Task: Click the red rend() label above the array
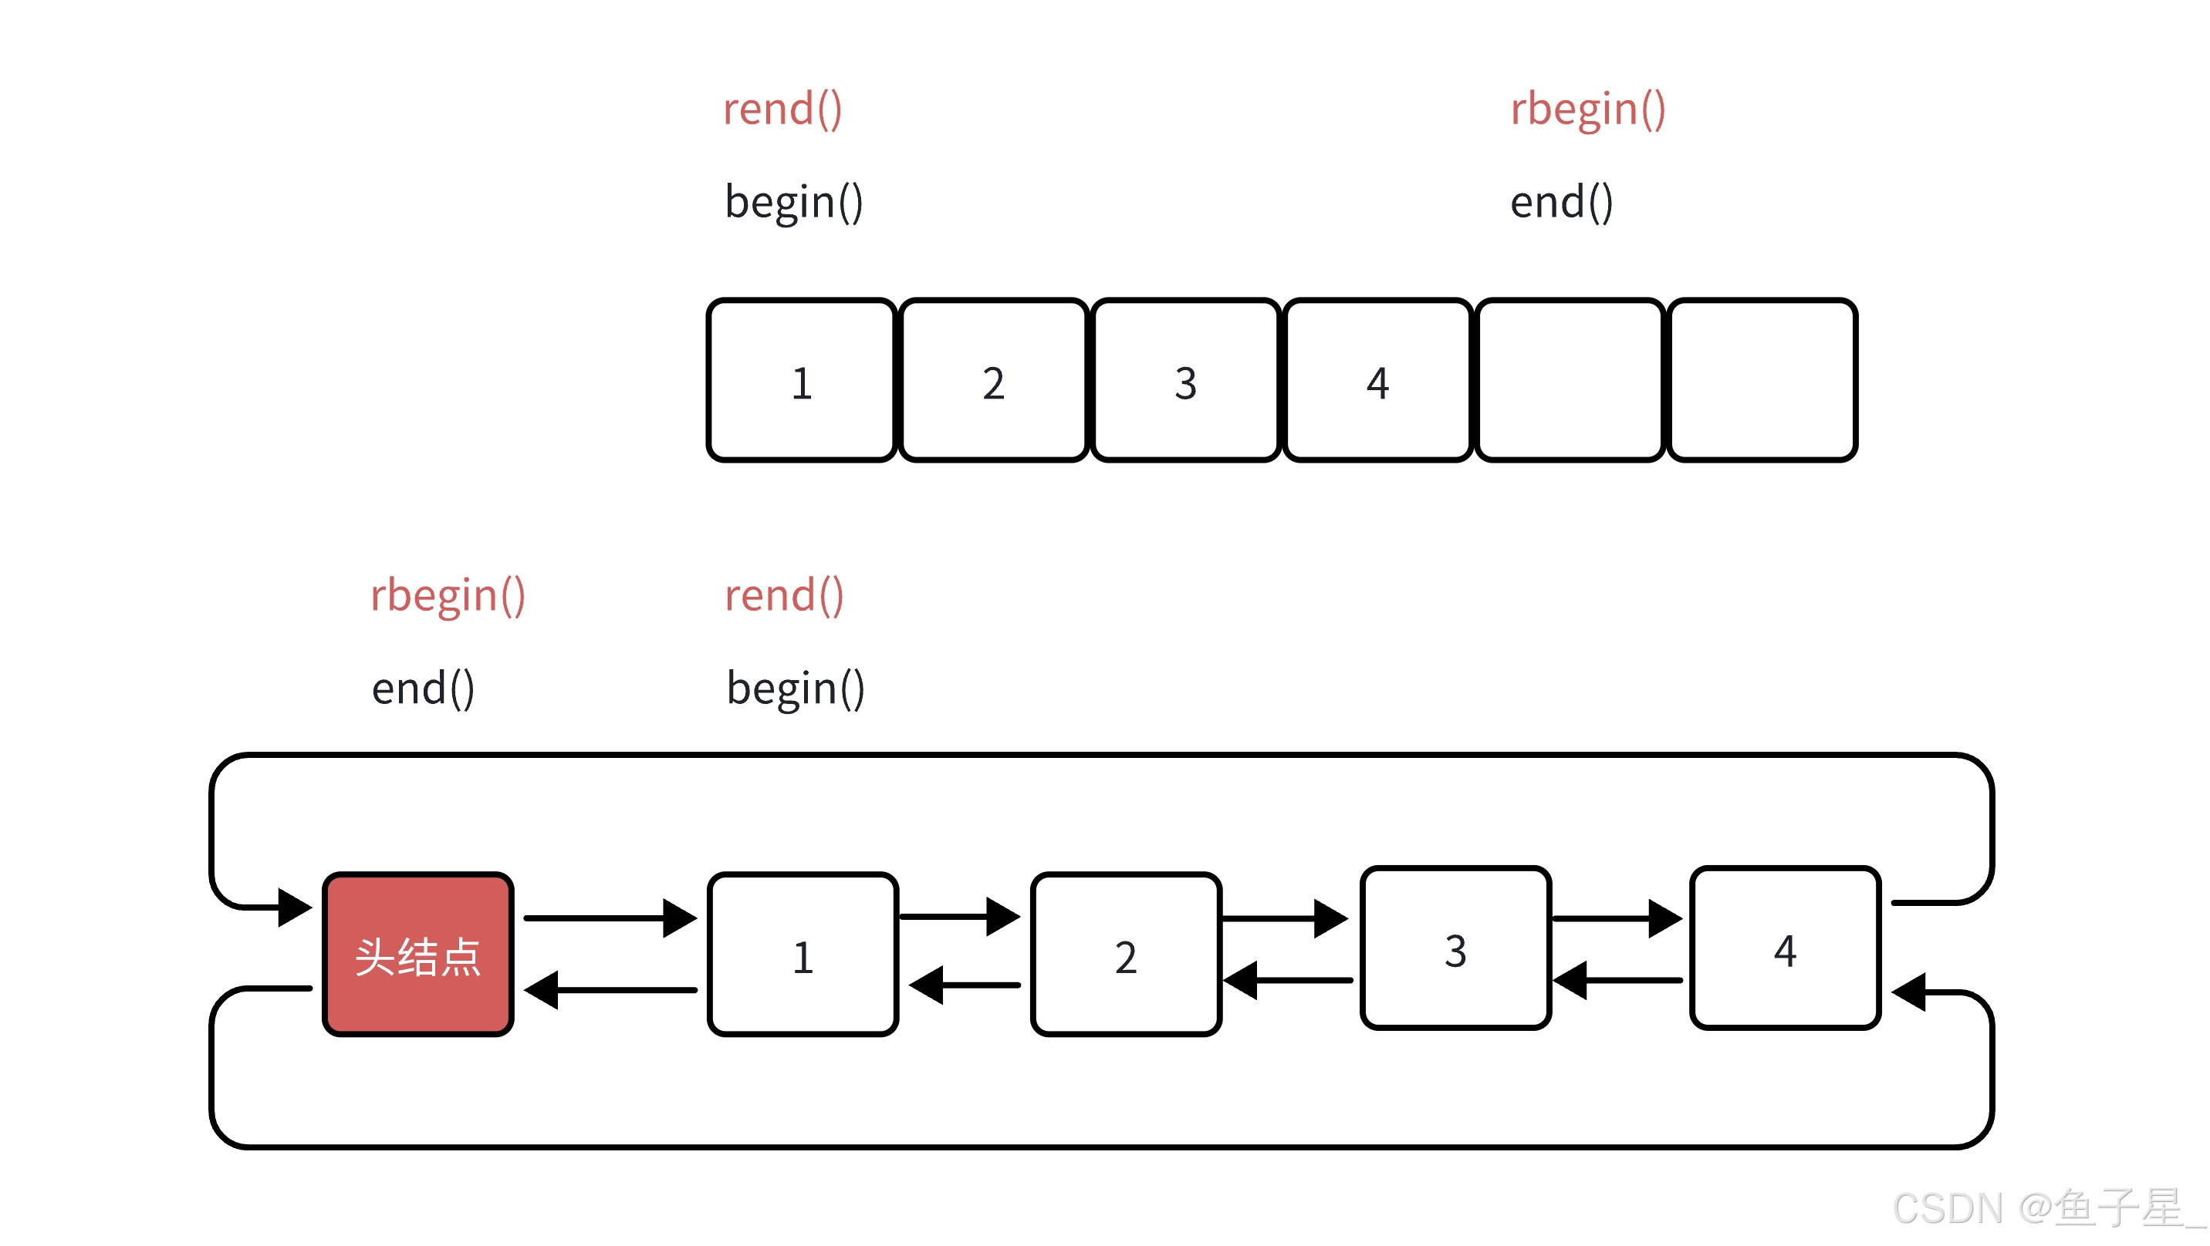click(782, 109)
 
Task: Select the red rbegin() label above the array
click(1587, 110)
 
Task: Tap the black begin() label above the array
click(793, 202)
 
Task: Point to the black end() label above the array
click(1560, 202)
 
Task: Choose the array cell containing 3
click(1186, 381)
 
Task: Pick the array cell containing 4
click(1378, 381)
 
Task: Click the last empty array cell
click(1762, 381)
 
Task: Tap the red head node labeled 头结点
click(417, 955)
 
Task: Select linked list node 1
click(803, 955)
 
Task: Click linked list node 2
click(1127, 955)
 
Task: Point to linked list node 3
click(1456, 948)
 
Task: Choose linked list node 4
click(1786, 948)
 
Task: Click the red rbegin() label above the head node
click(447, 597)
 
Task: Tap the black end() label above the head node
click(422, 689)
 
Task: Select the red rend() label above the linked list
click(784, 596)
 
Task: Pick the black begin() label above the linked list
click(796, 689)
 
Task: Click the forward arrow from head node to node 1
click(610, 918)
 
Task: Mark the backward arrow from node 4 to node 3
click(1617, 980)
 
